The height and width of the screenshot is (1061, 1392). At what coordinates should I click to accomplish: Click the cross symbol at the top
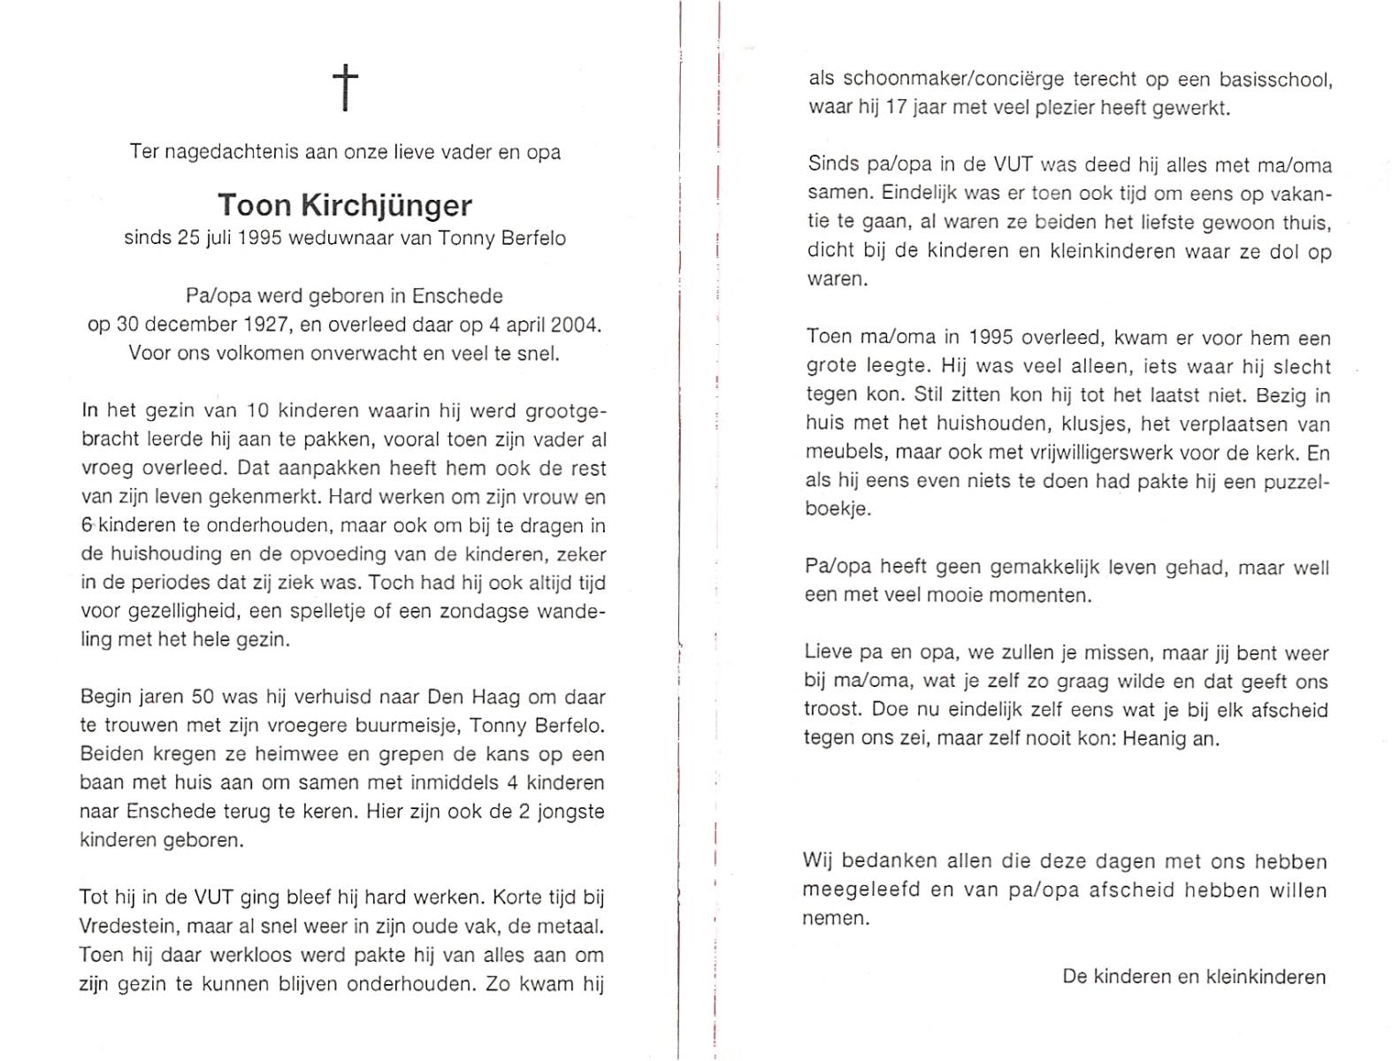(345, 88)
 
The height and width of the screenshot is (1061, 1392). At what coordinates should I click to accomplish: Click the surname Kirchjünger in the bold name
(386, 205)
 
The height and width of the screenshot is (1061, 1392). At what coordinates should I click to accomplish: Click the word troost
(831, 710)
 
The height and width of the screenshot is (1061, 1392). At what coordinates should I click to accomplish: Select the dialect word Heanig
(1154, 738)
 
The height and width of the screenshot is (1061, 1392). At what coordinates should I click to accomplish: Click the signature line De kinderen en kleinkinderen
(1194, 977)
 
